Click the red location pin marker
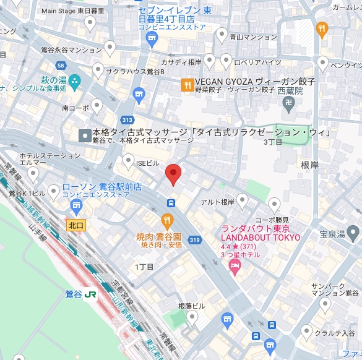173,174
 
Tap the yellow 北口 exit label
76,226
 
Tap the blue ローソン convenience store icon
54,192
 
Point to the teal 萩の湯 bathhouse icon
75,81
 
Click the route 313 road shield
128,120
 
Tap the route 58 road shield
60,65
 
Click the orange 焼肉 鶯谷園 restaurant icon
167,220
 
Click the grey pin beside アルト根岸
243,199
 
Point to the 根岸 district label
311,165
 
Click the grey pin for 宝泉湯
353,233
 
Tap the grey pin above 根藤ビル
192,318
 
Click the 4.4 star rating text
230,247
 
